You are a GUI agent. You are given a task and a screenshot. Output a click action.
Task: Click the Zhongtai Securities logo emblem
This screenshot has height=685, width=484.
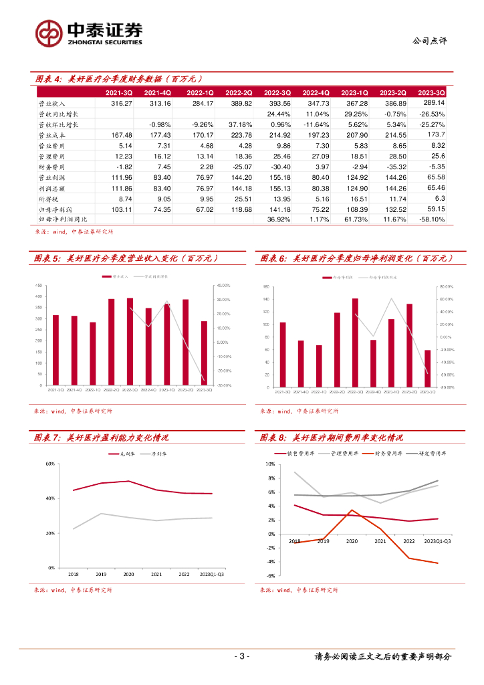[49, 33]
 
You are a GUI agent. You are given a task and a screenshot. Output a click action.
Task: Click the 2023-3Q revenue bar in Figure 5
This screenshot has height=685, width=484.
[205, 353]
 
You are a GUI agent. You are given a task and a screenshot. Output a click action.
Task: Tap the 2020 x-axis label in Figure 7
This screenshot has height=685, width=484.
[128, 575]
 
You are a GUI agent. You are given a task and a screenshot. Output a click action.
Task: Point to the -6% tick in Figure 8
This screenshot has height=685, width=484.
[270, 576]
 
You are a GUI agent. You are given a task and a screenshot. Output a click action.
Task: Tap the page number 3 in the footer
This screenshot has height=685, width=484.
[242, 656]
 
